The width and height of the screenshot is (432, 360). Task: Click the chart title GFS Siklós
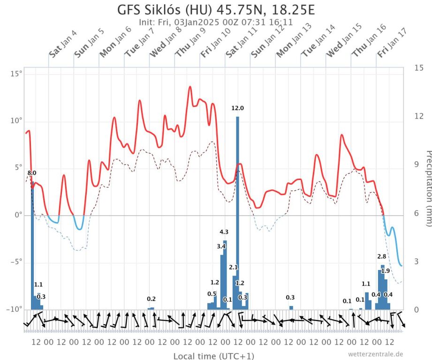coord(216,9)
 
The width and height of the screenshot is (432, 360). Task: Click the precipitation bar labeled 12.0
coord(237,211)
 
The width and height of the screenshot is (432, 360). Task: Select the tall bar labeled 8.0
coord(32,244)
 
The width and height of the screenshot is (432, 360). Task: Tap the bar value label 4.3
coord(224,232)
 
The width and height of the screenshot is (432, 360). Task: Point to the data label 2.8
coord(382,256)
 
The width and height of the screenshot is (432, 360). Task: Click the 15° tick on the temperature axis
coord(16,74)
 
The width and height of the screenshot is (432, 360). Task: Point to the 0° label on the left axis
coord(18,215)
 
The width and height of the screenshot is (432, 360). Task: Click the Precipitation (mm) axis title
coord(428,187)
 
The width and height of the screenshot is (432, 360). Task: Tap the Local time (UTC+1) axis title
coord(214,356)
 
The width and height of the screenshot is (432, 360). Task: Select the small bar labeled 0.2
coord(151,308)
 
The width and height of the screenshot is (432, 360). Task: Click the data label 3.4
coord(221,246)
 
